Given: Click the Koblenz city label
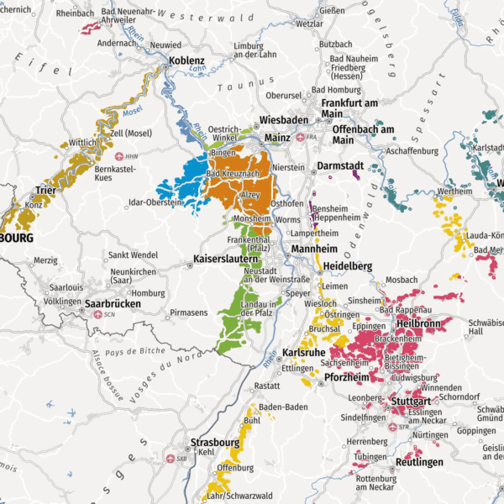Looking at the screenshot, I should [186, 61].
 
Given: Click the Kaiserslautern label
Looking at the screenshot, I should [224, 259].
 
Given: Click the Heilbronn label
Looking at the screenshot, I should [417, 323].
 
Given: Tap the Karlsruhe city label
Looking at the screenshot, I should [303, 352].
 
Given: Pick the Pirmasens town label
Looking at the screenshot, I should [187, 312].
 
